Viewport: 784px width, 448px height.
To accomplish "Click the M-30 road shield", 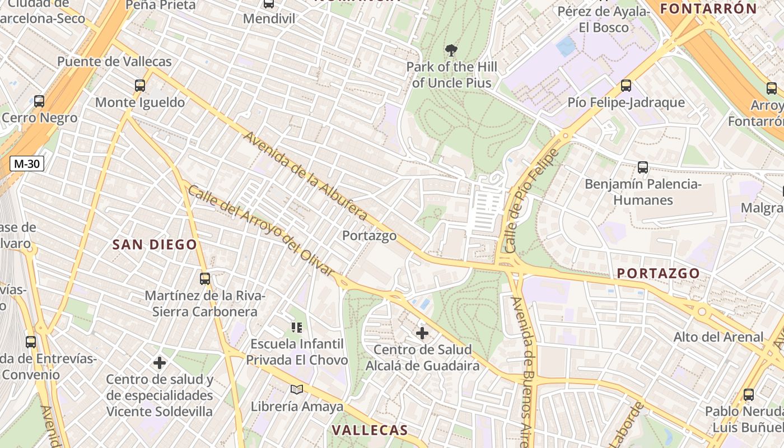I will pyautogui.click(x=27, y=164).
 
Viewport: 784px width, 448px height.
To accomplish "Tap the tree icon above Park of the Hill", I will pyautogui.click(x=451, y=51).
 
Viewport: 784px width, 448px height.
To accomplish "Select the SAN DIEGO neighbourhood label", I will pyautogui.click(x=155, y=245).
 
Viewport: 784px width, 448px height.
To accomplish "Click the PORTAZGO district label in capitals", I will pyautogui.click(x=658, y=273).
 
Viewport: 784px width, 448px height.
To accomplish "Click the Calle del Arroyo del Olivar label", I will pyautogui.click(x=260, y=230).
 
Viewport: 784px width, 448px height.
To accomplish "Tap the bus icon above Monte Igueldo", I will pyautogui.click(x=139, y=86).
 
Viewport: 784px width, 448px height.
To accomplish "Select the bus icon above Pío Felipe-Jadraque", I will pyautogui.click(x=626, y=86).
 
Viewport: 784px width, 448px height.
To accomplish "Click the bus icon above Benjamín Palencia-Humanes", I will pyautogui.click(x=642, y=167).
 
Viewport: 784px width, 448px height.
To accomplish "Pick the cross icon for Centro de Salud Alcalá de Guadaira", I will pyautogui.click(x=422, y=334).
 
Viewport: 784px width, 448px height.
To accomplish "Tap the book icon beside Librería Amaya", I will pyautogui.click(x=296, y=389).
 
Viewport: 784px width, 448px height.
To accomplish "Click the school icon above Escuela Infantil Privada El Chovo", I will pyautogui.click(x=296, y=327).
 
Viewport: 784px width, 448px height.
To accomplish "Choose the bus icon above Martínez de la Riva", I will pyautogui.click(x=205, y=278).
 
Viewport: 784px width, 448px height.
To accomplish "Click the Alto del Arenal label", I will pyautogui.click(x=718, y=337).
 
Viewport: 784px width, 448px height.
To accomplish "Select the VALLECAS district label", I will pyautogui.click(x=370, y=430).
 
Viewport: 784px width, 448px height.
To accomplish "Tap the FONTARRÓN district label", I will pyautogui.click(x=708, y=8).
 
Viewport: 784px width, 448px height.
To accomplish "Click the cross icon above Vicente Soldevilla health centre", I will pyautogui.click(x=160, y=363).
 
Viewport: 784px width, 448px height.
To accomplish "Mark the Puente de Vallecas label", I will pyautogui.click(x=114, y=62).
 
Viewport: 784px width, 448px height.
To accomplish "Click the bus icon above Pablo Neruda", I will pyautogui.click(x=748, y=395).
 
